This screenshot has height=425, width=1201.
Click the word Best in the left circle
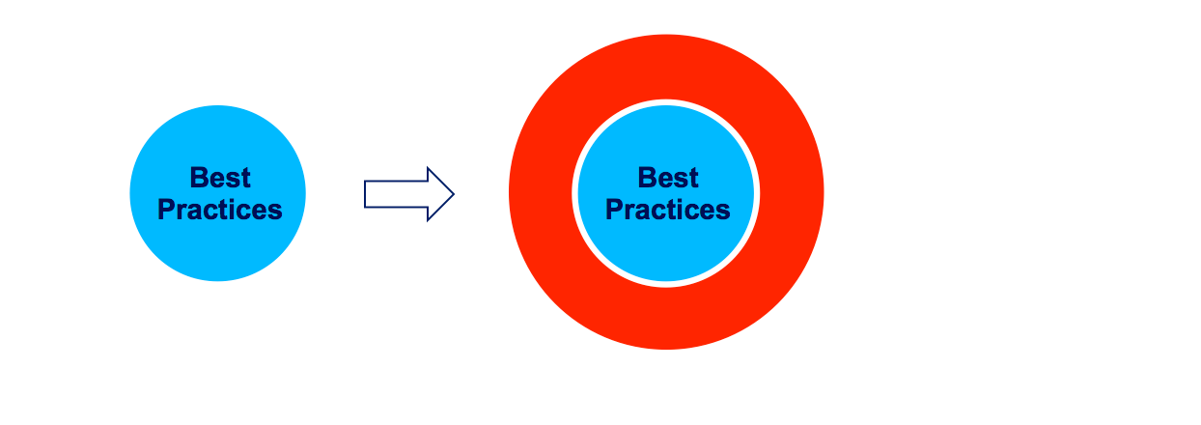click(x=220, y=178)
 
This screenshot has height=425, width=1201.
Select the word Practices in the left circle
click(x=220, y=210)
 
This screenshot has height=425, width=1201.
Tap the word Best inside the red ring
click(x=668, y=178)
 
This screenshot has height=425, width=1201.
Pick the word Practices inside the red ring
click(x=668, y=210)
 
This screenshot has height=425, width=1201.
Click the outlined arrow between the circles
click(x=409, y=194)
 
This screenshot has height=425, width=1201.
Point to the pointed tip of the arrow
click(x=454, y=194)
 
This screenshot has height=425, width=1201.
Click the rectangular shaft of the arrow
click(x=396, y=194)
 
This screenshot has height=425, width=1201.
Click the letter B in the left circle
click(x=199, y=178)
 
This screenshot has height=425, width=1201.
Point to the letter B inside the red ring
click(x=647, y=178)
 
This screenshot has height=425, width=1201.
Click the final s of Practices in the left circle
click(x=275, y=212)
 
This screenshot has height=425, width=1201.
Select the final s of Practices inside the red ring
click(x=724, y=212)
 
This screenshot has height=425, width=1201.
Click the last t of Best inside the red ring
click(x=693, y=179)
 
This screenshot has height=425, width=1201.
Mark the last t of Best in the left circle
click(x=245, y=179)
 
